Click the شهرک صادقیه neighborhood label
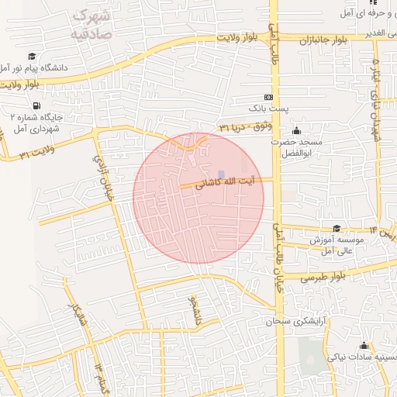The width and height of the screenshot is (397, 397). (x=90, y=26)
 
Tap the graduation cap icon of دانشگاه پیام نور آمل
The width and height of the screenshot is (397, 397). (x=33, y=56)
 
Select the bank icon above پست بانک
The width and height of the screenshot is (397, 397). (x=268, y=97)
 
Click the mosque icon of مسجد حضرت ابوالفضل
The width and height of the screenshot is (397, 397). (x=295, y=130)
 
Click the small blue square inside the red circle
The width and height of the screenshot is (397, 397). (x=222, y=174)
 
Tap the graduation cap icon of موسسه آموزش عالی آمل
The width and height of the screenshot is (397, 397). (x=337, y=228)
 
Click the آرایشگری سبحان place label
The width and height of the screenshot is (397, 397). (x=295, y=320)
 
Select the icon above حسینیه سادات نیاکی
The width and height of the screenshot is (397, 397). (x=364, y=345)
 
